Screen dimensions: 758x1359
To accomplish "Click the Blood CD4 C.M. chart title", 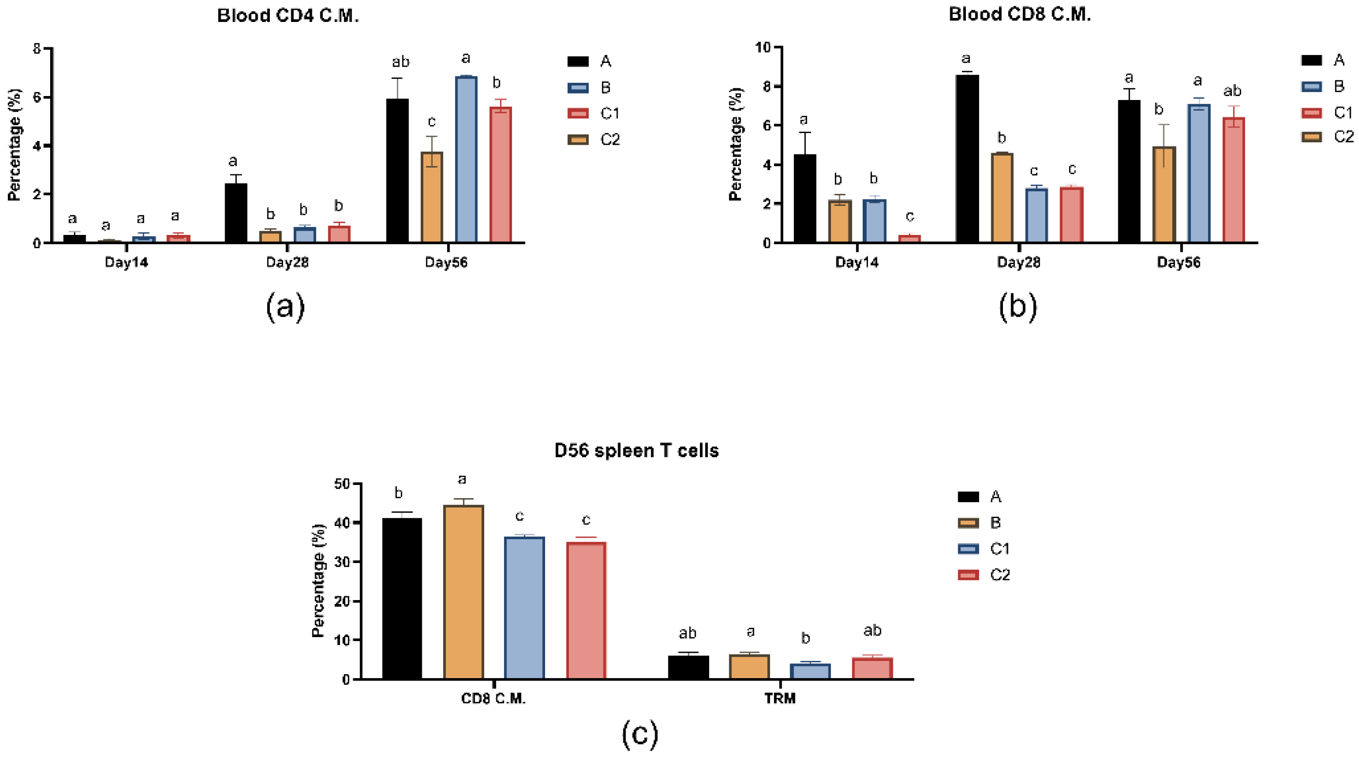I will [288, 16].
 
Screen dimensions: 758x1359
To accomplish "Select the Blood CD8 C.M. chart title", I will [1019, 14].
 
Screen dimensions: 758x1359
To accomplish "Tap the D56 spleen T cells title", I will [636, 450].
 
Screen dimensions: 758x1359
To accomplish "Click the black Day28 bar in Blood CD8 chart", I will [966, 158].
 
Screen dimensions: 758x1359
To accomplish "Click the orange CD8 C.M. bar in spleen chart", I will [463, 592].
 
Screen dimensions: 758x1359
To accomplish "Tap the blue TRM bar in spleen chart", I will [810, 671].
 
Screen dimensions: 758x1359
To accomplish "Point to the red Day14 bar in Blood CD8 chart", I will [909, 238].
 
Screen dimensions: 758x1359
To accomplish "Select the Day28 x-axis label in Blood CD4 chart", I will [287, 262].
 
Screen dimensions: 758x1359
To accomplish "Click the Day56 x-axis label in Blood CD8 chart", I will [1178, 262].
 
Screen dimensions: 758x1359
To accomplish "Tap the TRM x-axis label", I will [780, 699].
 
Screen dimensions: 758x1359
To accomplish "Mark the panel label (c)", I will [640, 734].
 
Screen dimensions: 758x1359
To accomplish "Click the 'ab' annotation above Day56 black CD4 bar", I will [400, 62].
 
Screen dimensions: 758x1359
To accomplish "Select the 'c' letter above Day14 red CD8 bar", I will [909, 216].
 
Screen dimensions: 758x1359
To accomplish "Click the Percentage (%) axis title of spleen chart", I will [318, 581].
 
